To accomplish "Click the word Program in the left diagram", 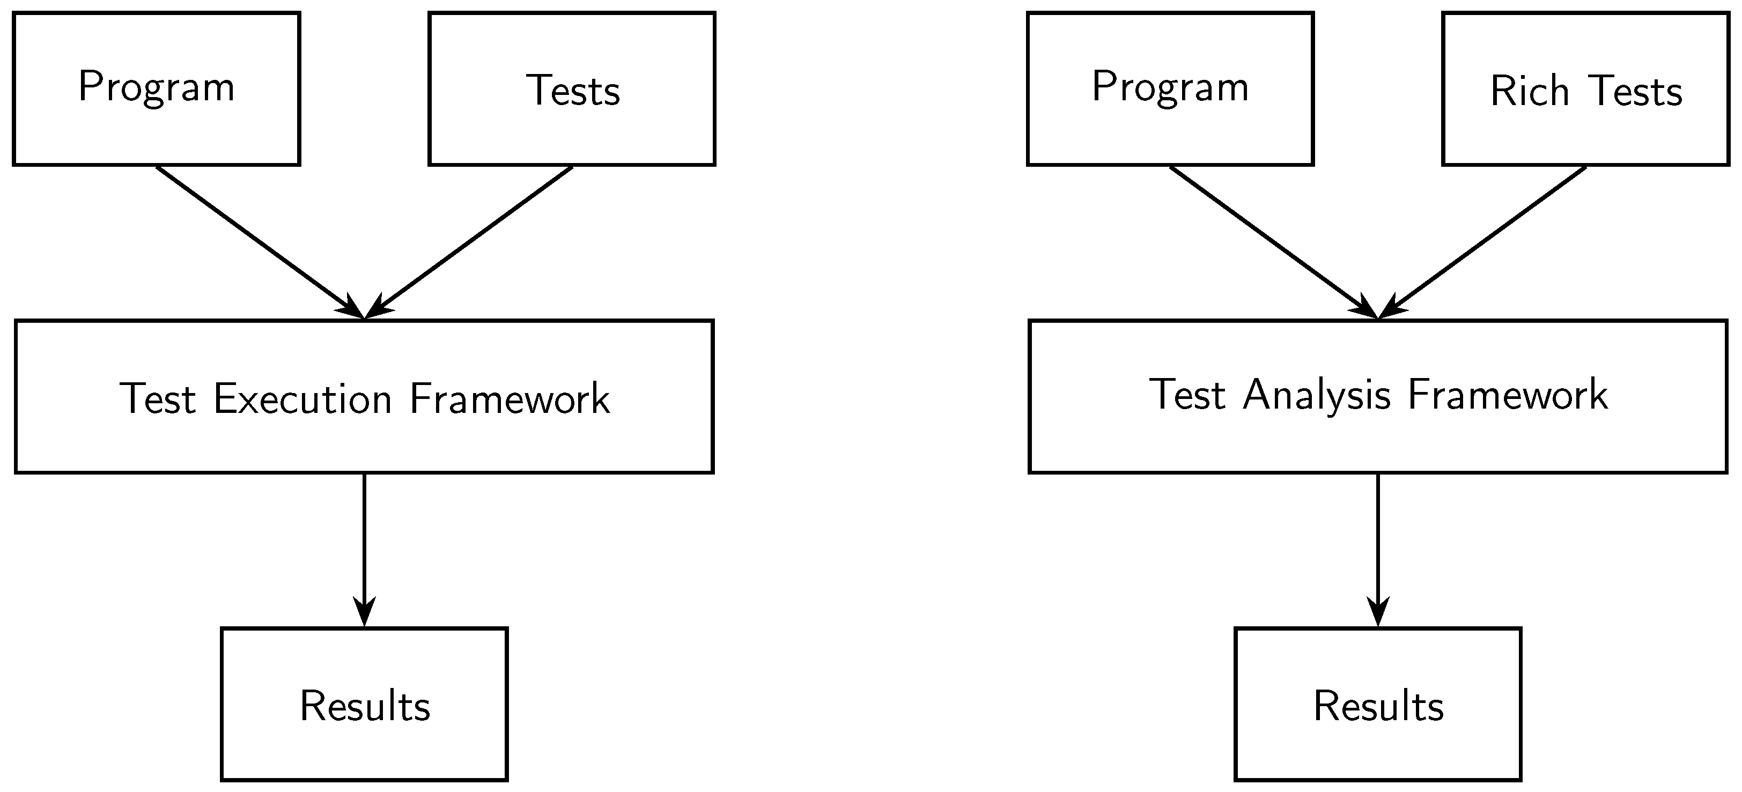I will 156,87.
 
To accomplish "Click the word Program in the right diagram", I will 1170,87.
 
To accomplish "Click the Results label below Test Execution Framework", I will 365,706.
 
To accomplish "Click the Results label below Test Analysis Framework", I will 1378,706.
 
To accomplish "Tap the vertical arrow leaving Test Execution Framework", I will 365,541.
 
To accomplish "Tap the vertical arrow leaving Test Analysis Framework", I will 1377,541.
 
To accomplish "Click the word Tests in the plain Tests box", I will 573,91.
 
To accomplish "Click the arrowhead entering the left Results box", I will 365,612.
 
